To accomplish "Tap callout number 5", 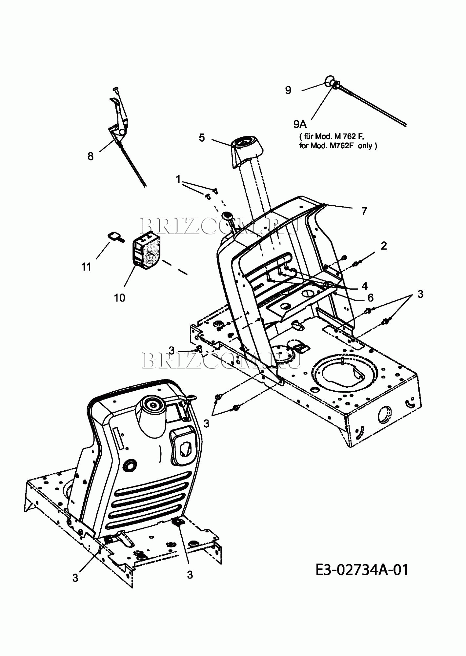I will [202, 137].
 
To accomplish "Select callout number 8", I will [91, 156].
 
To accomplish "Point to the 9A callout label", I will [300, 124].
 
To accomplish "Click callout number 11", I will [86, 267].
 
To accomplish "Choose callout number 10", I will [120, 297].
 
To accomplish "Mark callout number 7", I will [364, 211].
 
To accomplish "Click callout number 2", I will [383, 246].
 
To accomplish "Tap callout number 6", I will [370, 297].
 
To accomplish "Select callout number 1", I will [178, 179].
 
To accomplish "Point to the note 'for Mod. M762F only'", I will [338, 146].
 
